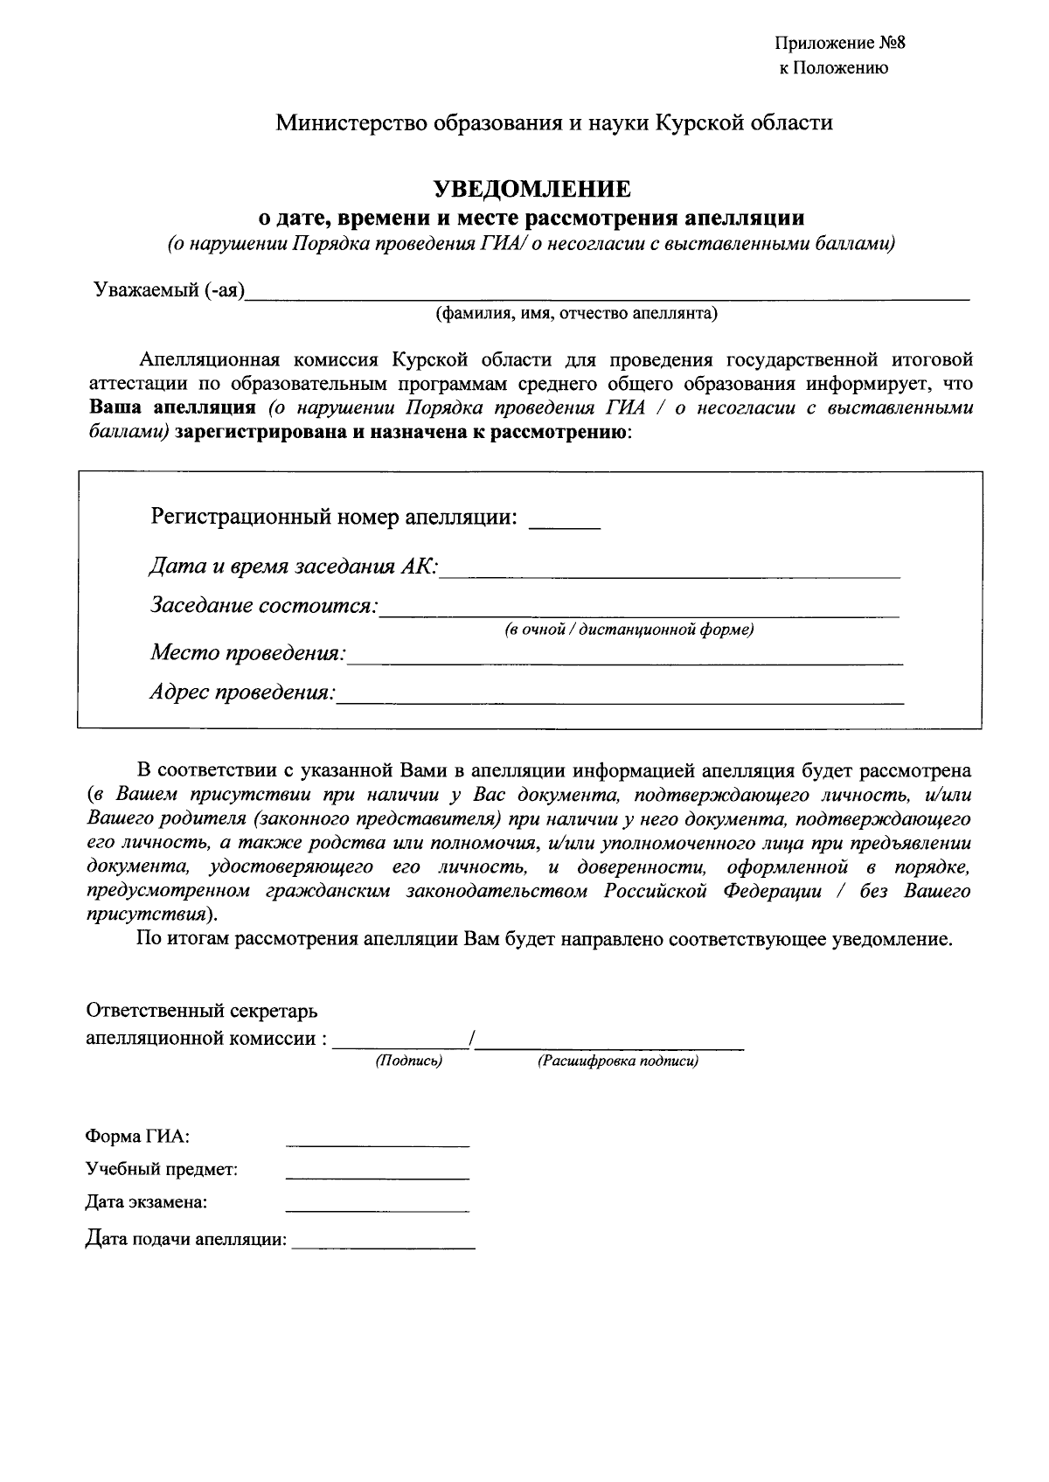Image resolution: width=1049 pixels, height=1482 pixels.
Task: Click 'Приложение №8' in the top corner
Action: pyautogui.click(x=835, y=44)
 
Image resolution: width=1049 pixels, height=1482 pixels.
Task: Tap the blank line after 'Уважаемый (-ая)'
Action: pyautogui.click(x=608, y=294)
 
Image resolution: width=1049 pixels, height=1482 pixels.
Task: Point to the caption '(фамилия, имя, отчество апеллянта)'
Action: pyautogui.click(x=577, y=313)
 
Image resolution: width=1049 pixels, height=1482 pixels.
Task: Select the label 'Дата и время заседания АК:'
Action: pyautogui.click(x=294, y=566)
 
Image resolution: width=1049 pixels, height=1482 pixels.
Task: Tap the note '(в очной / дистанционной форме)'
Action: pyautogui.click(x=629, y=630)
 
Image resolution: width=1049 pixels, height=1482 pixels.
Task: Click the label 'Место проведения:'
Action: pyautogui.click(x=248, y=653)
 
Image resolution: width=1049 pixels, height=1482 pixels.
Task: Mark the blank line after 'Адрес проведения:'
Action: pyautogui.click(x=621, y=697)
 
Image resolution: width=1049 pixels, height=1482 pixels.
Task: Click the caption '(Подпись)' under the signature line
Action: pyautogui.click(x=409, y=1061)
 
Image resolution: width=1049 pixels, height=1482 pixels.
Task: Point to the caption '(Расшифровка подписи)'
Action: pyautogui.click(x=617, y=1061)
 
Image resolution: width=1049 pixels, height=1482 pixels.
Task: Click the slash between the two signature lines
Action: pyautogui.click(x=471, y=1038)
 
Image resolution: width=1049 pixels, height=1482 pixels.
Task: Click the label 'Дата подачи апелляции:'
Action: pyautogui.click(x=186, y=1239)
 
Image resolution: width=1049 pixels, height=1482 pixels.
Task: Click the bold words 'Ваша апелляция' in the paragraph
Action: pyautogui.click(x=172, y=407)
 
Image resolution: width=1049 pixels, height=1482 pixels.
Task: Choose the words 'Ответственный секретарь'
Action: pyautogui.click(x=201, y=1011)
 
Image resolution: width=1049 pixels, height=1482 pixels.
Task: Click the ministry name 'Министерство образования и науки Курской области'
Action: pyautogui.click(x=554, y=122)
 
